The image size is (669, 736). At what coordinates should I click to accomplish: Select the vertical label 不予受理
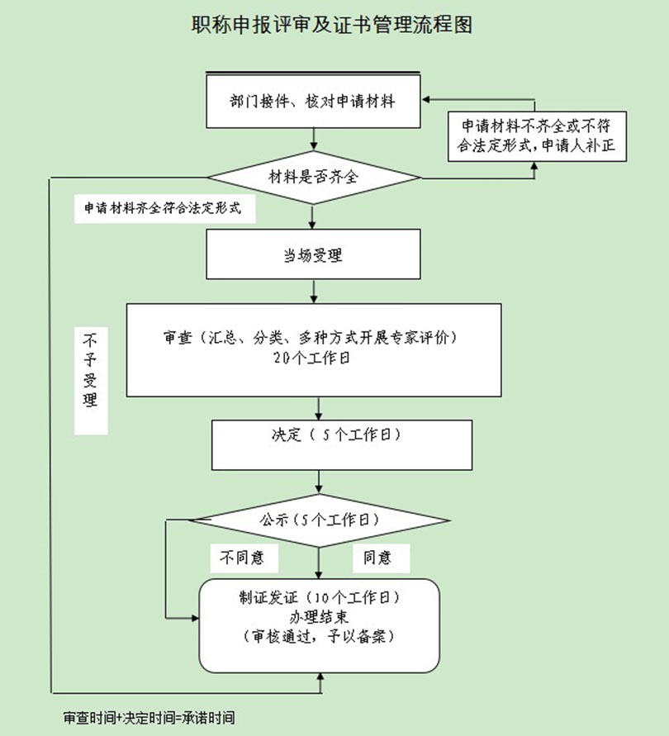click(x=91, y=380)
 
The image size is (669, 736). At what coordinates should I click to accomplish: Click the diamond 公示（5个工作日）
click(x=319, y=520)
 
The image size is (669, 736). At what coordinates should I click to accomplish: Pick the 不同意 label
click(x=241, y=558)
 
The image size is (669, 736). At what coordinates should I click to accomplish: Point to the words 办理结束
click(x=319, y=618)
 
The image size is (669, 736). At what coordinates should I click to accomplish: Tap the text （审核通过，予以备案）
click(x=319, y=637)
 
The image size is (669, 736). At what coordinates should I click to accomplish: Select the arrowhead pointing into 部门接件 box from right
click(x=427, y=98)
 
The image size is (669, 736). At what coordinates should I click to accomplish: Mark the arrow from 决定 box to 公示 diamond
click(x=319, y=482)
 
